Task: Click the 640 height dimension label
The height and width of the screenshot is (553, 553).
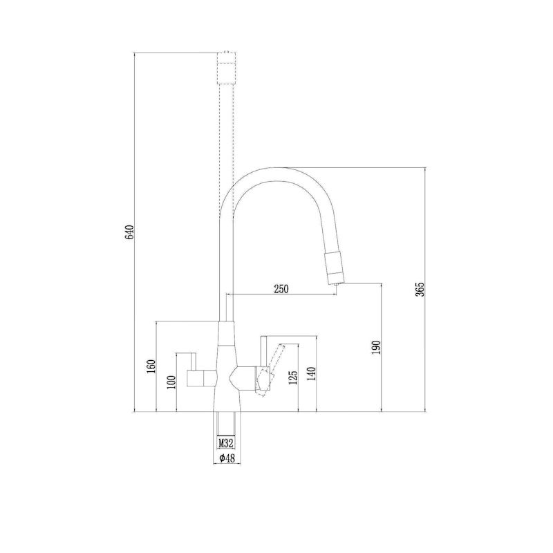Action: [x=129, y=232]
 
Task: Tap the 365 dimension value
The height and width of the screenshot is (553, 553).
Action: [x=420, y=290]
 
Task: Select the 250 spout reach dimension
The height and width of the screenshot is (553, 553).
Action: [x=281, y=289]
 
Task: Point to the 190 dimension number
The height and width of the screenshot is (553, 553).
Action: [x=376, y=348]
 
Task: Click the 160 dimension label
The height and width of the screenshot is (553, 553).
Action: [x=151, y=367]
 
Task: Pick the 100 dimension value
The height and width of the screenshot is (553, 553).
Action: [x=171, y=382]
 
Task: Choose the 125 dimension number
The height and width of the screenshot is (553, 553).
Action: [x=293, y=377]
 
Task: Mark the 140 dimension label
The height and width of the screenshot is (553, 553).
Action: [x=312, y=374]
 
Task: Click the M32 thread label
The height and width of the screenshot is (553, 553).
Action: [x=226, y=443]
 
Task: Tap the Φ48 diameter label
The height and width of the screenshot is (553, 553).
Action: [x=227, y=458]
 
